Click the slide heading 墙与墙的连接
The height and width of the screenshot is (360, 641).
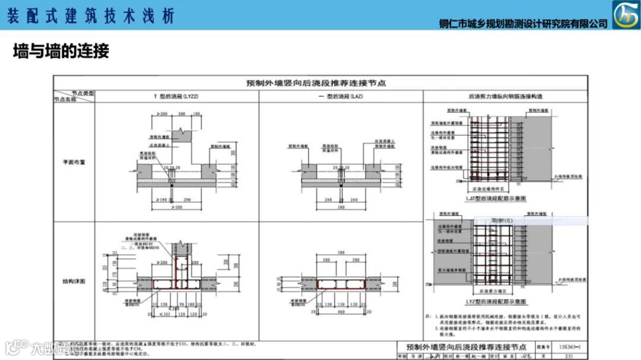[61, 52]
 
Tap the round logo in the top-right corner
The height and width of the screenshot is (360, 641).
[626, 15]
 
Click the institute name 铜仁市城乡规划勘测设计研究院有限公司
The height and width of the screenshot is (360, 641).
[523, 24]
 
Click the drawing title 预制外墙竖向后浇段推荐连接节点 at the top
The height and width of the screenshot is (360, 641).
[316, 84]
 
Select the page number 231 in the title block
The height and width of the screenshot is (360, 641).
[569, 356]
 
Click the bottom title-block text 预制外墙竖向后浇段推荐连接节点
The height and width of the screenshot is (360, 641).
[466, 346]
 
